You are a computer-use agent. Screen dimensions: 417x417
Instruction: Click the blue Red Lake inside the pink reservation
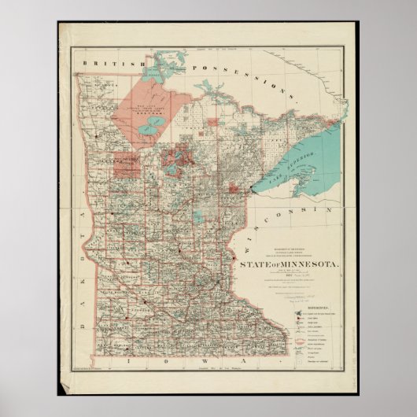point(159,120)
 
